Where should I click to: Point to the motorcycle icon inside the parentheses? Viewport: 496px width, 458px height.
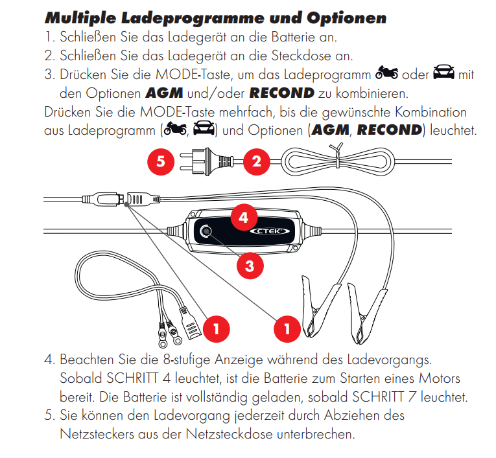coord(175,130)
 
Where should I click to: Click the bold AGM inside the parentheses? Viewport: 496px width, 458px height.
coord(330,130)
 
